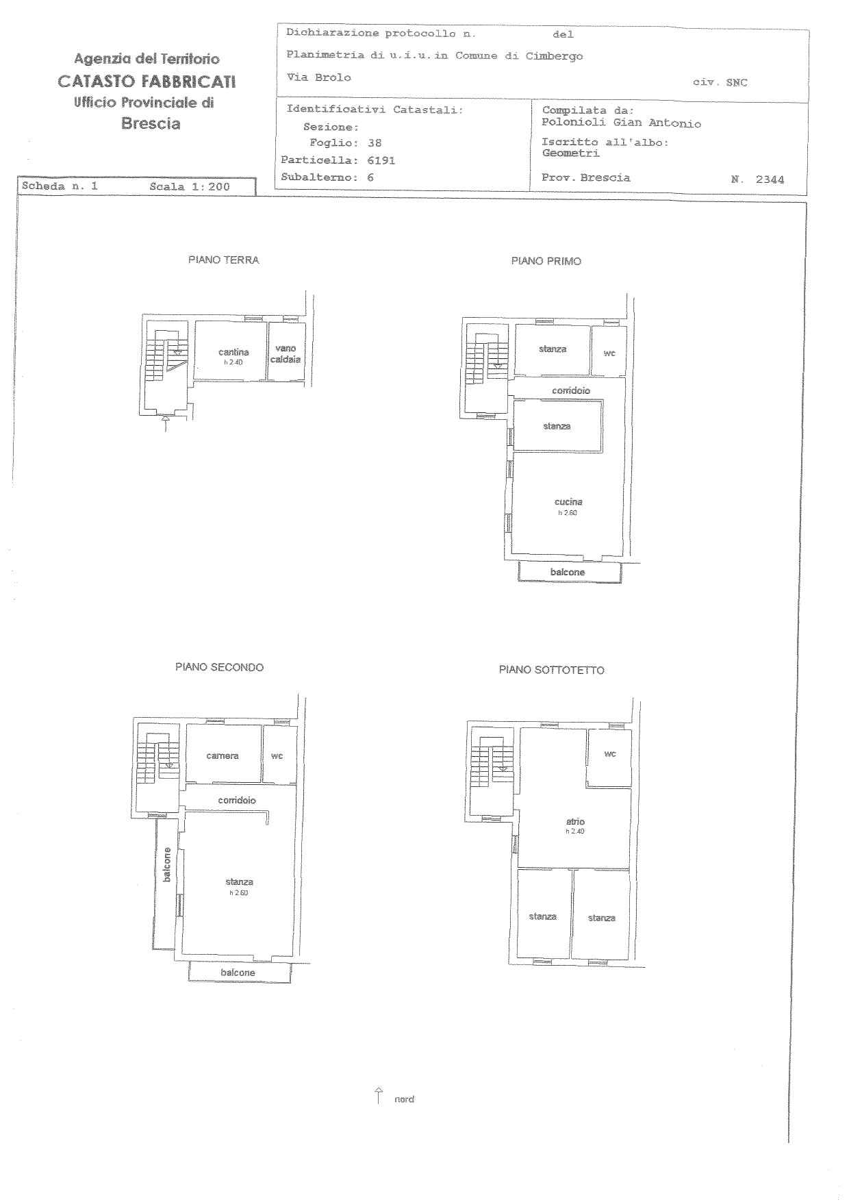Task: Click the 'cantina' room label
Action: pyautogui.click(x=233, y=352)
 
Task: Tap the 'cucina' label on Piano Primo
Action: pyautogui.click(x=568, y=502)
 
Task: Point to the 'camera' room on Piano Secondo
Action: pyautogui.click(x=223, y=753)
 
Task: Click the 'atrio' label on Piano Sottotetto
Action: pyautogui.click(x=575, y=821)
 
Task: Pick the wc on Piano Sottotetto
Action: pyautogui.click(x=609, y=757)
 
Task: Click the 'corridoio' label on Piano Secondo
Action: pyautogui.click(x=237, y=800)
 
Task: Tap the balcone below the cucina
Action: pyautogui.click(x=570, y=572)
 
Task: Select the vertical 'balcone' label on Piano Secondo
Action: pyautogui.click(x=166, y=865)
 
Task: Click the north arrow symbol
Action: pyautogui.click(x=378, y=1096)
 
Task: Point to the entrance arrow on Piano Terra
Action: pyautogui.click(x=166, y=423)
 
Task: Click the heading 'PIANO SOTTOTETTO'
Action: pyautogui.click(x=551, y=670)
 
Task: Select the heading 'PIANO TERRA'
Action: pyautogui.click(x=224, y=260)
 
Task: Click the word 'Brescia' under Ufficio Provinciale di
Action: pyautogui.click(x=151, y=124)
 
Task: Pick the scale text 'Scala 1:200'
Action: pyautogui.click(x=190, y=186)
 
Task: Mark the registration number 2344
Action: pyautogui.click(x=770, y=180)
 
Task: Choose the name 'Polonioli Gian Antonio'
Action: pyautogui.click(x=621, y=124)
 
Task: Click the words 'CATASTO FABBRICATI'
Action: pyautogui.click(x=147, y=82)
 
